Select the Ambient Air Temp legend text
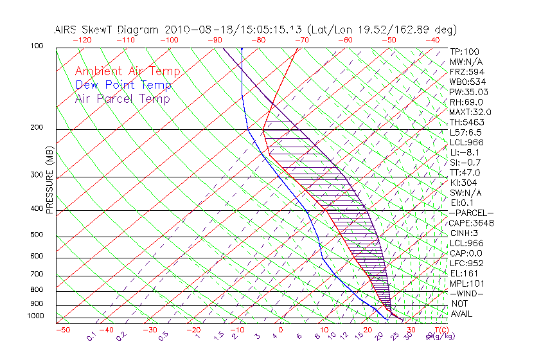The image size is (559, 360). coord(127,71)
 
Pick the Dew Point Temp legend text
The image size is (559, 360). coord(123,85)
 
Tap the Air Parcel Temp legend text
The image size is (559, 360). coord(122,98)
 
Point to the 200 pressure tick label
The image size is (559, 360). coord(37,128)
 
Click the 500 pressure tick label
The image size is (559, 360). coord(37,235)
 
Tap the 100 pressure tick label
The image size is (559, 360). coord(37,46)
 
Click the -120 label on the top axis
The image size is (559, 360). coord(81,39)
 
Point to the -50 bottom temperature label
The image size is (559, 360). coord(62,330)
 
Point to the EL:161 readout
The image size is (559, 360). coord(463,273)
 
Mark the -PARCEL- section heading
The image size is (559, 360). coord(471,213)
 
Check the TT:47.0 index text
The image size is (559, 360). coord(465,172)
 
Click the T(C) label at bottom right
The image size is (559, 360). coord(440,329)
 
